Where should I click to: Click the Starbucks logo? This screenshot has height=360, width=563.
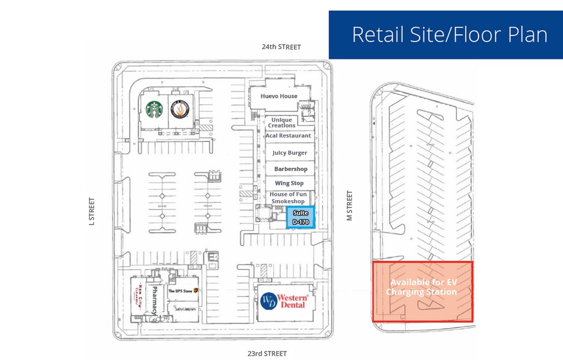point(154,110)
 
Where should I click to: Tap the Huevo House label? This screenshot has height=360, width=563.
point(279,96)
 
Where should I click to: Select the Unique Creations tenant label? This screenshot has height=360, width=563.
point(281,122)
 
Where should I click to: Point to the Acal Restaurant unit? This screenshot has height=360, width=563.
point(289,135)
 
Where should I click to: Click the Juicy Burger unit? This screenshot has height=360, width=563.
point(290,152)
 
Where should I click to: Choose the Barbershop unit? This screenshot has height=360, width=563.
point(290,168)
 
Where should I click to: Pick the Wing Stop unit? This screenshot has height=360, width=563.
point(289,183)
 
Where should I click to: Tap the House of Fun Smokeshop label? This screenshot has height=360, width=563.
point(288,198)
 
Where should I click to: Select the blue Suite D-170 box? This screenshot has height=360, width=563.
point(300,217)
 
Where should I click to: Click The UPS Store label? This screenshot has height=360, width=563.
point(180,291)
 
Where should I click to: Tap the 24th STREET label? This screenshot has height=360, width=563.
point(281,47)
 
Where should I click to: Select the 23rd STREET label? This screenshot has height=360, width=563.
point(266,353)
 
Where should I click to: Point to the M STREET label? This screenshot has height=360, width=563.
point(350,205)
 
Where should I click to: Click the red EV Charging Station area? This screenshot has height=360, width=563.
point(423,291)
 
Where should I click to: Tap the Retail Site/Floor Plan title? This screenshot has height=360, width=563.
point(449,34)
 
